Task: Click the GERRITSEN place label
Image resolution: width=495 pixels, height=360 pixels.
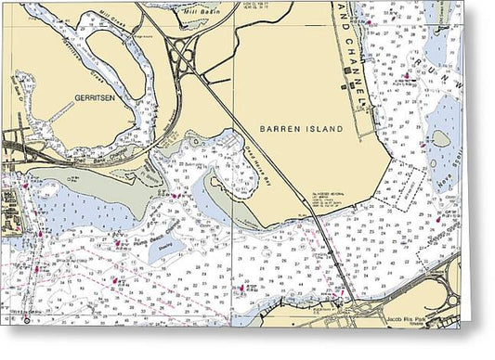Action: [x=94, y=96]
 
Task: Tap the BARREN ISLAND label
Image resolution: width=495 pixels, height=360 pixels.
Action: [x=302, y=128]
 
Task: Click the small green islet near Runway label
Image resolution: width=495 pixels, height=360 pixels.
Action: [x=440, y=140]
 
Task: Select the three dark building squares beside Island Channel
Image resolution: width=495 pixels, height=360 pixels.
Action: [x=345, y=89]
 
